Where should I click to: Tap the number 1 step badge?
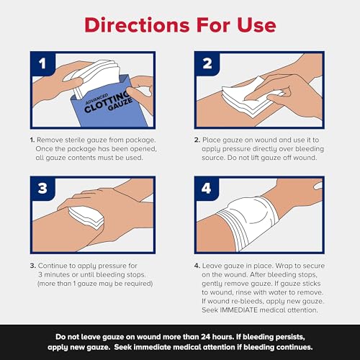pos(42,65)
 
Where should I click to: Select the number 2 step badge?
pos(207,65)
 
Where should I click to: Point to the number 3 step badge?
pos(42,191)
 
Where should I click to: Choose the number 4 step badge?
pos(207,191)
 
